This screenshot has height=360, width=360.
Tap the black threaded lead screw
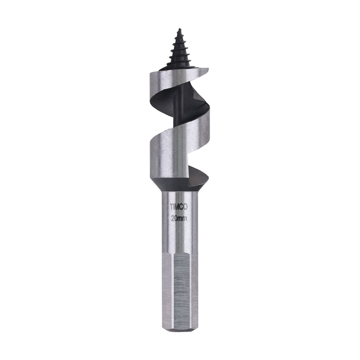179,50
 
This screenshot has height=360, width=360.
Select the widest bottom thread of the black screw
179,65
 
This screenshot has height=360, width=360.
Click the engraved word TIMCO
179,207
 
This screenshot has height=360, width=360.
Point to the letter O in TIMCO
187,207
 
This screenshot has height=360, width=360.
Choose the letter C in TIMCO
183,207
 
